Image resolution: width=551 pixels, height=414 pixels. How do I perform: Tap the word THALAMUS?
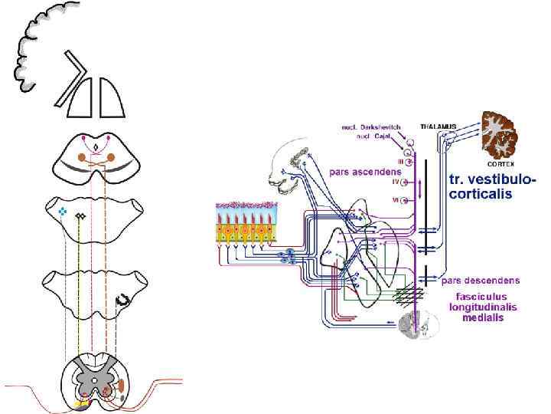click(x=438, y=126)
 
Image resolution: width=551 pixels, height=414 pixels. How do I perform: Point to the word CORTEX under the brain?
click(x=501, y=163)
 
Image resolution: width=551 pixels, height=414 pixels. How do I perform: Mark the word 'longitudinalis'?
click(x=483, y=307)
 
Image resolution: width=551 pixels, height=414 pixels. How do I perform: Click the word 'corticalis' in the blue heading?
click(x=483, y=194)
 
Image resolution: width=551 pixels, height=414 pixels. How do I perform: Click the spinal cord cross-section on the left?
click(x=96, y=379)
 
